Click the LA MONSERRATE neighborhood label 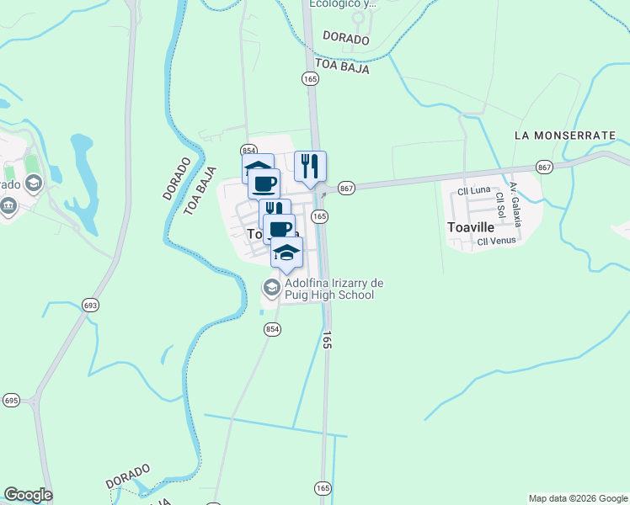(x=564, y=135)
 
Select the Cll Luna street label (x=473, y=191)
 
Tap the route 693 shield (x=89, y=306)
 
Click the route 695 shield (x=11, y=400)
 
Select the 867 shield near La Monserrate (x=544, y=168)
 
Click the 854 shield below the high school (x=270, y=329)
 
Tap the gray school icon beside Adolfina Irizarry (x=271, y=289)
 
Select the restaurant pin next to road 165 (x=310, y=165)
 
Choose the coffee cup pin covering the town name (x=280, y=228)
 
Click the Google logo (x=28, y=495)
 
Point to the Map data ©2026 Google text (x=579, y=498)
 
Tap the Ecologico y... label (x=342, y=4)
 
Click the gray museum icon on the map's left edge (x=8, y=205)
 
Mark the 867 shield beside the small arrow (x=345, y=188)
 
